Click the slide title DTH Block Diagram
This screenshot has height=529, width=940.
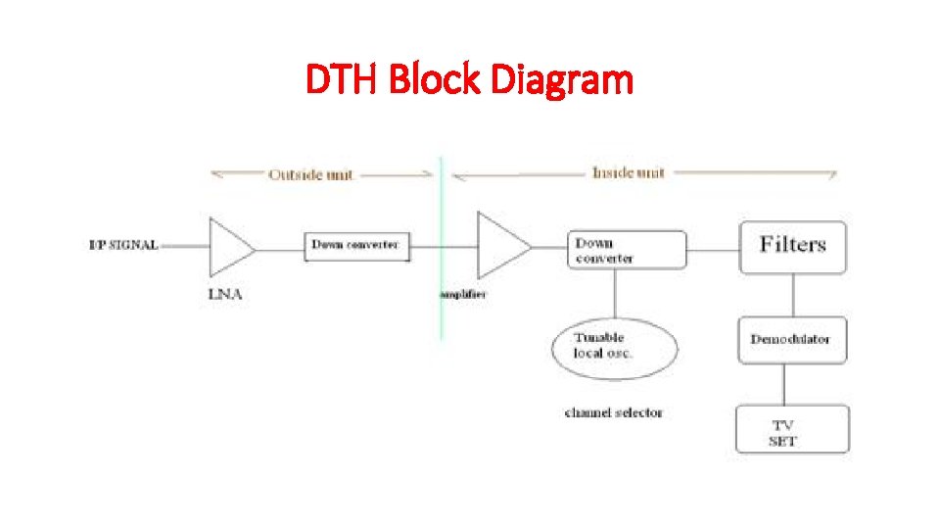pyautogui.click(x=470, y=80)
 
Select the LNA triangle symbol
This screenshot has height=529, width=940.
pyautogui.click(x=229, y=247)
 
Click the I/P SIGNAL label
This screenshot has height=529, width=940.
pyautogui.click(x=123, y=245)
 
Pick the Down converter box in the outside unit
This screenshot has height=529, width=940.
pyautogui.click(x=355, y=245)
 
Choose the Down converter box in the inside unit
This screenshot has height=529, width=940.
pyautogui.click(x=627, y=249)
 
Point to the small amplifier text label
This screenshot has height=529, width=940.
pyautogui.click(x=462, y=294)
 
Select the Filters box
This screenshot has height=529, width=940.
pyautogui.click(x=792, y=246)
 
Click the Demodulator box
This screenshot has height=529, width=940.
pyautogui.click(x=791, y=339)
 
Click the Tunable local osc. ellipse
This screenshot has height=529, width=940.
pyautogui.click(x=613, y=346)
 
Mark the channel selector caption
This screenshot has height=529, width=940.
pyautogui.click(x=614, y=412)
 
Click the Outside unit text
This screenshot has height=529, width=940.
pyautogui.click(x=311, y=174)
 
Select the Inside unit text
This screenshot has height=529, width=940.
pyautogui.click(x=628, y=172)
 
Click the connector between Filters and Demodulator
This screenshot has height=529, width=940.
pyautogui.click(x=793, y=294)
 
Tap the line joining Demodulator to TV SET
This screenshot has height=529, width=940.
pyautogui.click(x=793, y=384)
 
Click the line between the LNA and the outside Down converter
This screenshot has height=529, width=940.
pyautogui.click(x=281, y=249)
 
